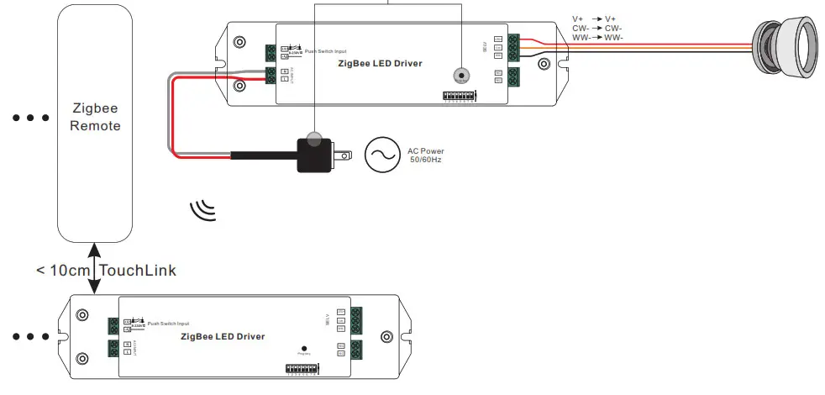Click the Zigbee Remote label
[95, 118]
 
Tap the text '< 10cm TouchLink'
[106, 271]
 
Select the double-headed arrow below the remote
[95, 267]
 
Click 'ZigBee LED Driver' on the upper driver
[380, 63]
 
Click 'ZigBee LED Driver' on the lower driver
[223, 336]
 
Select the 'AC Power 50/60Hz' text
[426, 155]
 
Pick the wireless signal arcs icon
[202, 210]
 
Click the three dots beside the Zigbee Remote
[31, 118]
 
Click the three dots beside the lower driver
[31, 337]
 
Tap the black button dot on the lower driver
[303, 347]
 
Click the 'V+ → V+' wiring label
[594, 18]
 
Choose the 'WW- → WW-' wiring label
[596, 37]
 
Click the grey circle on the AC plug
[314, 139]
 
